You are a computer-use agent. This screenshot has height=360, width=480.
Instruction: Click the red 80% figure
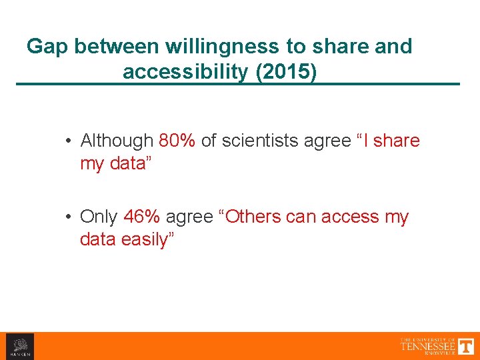(177, 141)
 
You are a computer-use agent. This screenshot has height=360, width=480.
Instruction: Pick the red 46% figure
(142, 217)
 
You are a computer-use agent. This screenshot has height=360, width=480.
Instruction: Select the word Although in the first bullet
(117, 141)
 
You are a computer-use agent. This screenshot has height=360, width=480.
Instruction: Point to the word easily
(147, 239)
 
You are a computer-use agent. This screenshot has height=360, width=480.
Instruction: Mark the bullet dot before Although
(69, 141)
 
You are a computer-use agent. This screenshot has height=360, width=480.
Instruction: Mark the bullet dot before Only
(69, 217)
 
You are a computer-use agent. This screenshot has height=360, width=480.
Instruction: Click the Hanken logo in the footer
(19, 347)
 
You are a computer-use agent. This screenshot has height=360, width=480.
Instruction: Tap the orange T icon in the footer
(466, 346)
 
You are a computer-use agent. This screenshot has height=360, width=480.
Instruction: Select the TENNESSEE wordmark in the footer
(427, 347)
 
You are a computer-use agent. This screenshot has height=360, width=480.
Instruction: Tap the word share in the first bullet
(397, 141)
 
